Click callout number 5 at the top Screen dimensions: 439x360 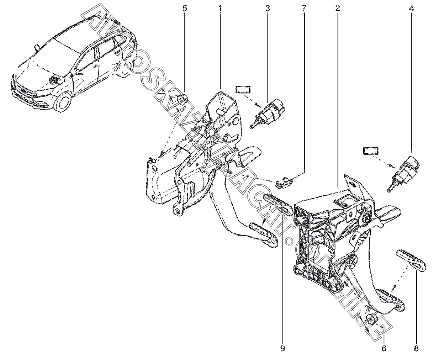click(x=185, y=9)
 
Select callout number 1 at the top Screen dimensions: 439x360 click(x=221, y=9)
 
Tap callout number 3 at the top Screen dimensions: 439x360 click(x=268, y=9)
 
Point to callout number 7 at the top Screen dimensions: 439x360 click(x=304, y=9)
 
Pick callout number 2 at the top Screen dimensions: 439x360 click(x=337, y=9)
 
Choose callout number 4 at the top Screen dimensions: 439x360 click(x=411, y=9)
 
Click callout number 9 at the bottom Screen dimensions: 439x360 click(x=282, y=348)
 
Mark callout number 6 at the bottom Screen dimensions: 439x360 click(x=384, y=348)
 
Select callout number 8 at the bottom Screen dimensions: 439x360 click(x=416, y=348)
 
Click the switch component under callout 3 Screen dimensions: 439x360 click(x=268, y=113)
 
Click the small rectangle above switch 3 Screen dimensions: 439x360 click(x=243, y=89)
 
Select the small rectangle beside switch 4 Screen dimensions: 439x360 click(x=370, y=151)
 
